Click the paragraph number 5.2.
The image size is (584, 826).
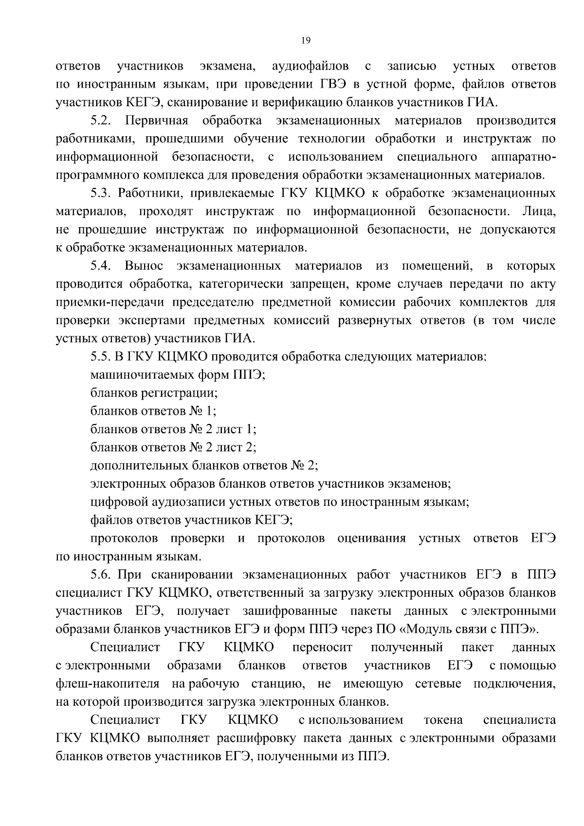tap(102, 120)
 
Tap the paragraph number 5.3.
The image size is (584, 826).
tap(102, 193)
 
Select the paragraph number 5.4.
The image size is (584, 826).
tap(102, 266)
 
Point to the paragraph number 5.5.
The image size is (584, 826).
tap(102, 357)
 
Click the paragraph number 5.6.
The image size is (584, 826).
tap(102, 575)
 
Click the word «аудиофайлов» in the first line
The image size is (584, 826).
tap(310, 66)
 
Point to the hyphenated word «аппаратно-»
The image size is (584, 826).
tap(523, 157)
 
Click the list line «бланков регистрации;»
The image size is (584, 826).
tap(154, 393)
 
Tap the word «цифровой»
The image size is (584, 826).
tap(115, 502)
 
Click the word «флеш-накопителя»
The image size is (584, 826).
tap(108, 684)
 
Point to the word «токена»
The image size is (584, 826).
tap(443, 720)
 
